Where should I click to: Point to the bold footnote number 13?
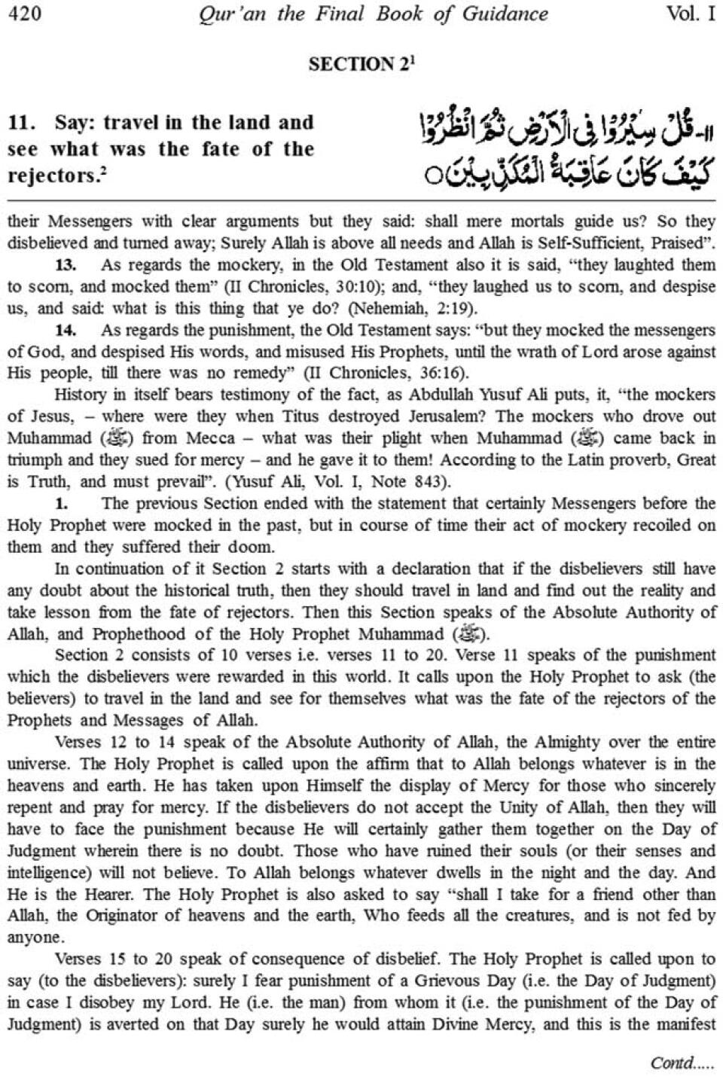point(66,264)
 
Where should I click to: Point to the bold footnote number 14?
point(66,330)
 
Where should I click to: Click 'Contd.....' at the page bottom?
point(681,1063)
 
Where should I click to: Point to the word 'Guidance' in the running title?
point(505,14)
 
